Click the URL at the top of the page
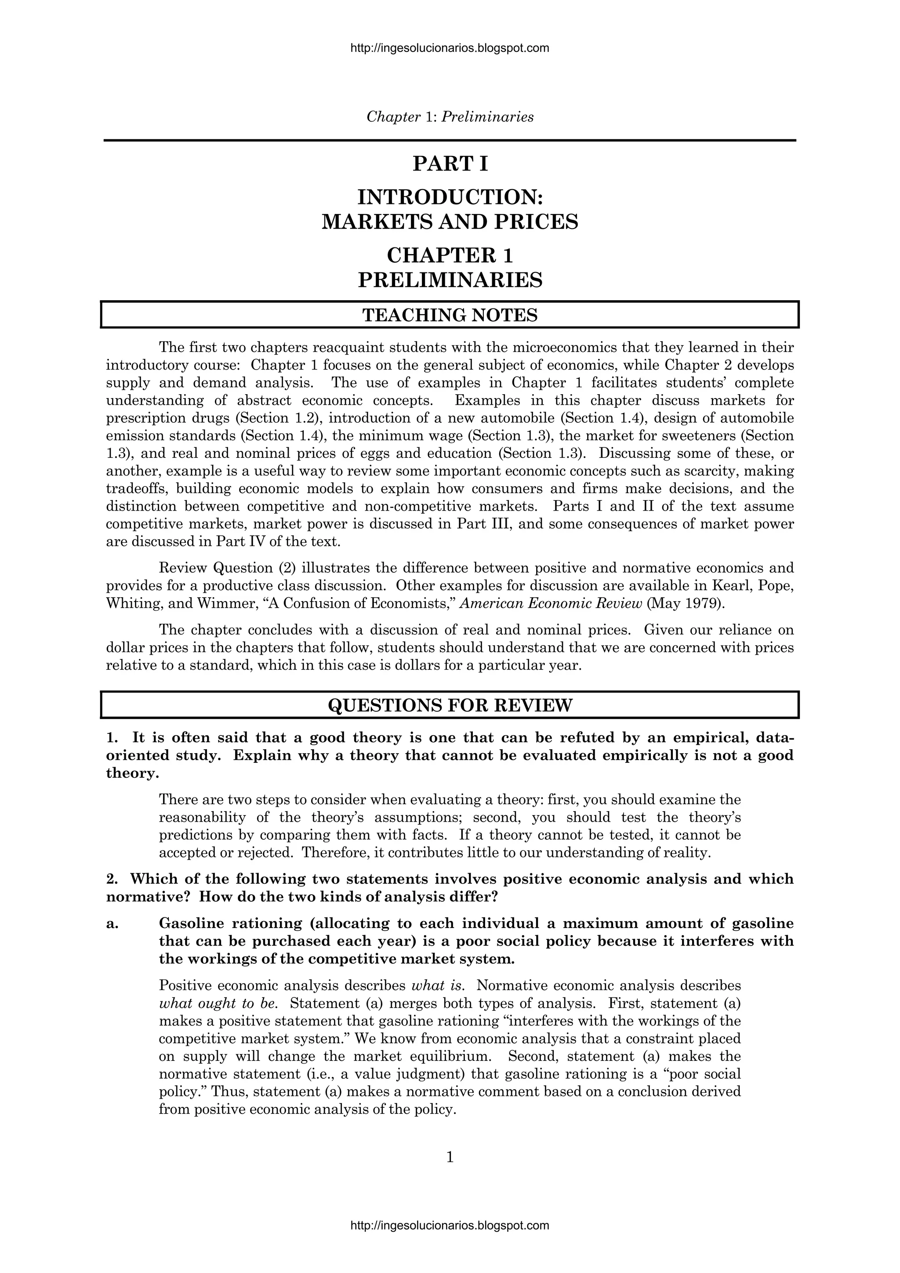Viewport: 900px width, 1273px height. pyautogui.click(x=450, y=48)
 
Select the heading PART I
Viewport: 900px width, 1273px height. pyautogui.click(x=450, y=164)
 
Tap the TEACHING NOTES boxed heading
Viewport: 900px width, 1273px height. pyautogui.click(x=450, y=315)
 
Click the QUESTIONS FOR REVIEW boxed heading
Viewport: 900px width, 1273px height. pyautogui.click(x=450, y=705)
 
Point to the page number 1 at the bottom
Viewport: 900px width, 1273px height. pyautogui.click(x=450, y=1157)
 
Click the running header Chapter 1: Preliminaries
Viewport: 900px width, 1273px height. pyautogui.click(x=450, y=117)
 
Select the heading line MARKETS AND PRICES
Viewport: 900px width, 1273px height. pyautogui.click(x=450, y=222)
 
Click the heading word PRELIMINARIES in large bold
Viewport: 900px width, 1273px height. pyautogui.click(x=450, y=279)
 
